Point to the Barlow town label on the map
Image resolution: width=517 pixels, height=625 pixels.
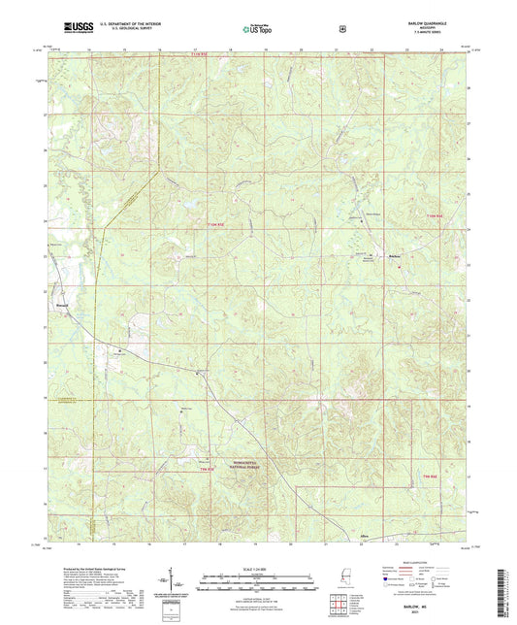(x=394, y=255)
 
